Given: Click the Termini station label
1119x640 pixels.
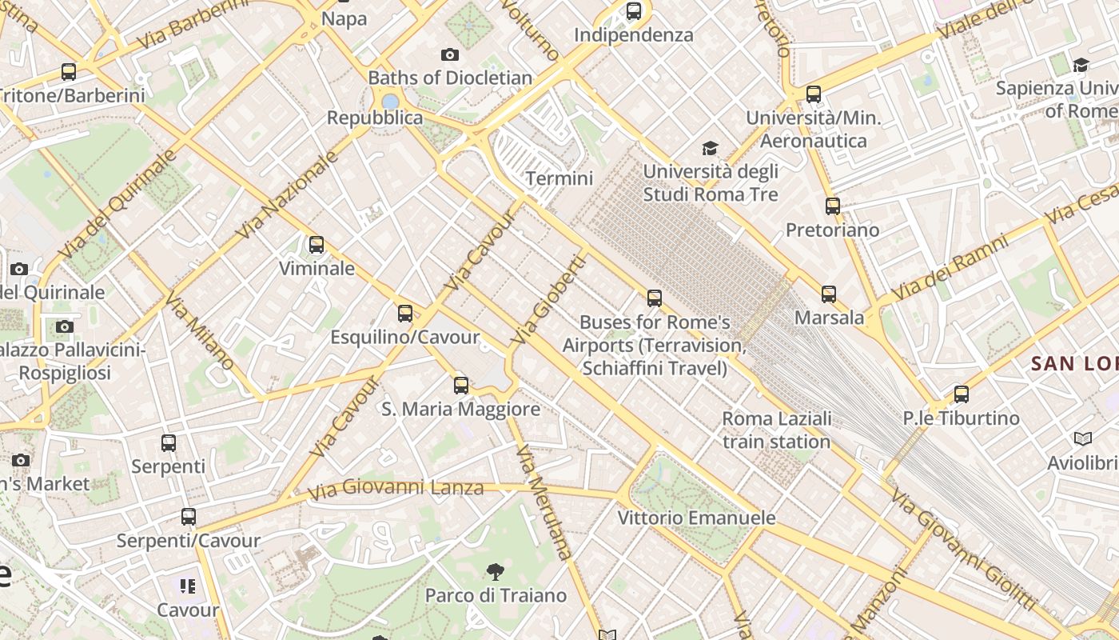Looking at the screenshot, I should (x=559, y=178).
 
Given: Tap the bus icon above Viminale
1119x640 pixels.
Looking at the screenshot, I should (x=317, y=245).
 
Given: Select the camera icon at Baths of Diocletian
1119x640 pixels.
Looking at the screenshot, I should (x=450, y=54).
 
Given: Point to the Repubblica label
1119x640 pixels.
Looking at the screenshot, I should (x=375, y=118).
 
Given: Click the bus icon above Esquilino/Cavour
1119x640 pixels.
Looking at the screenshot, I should (x=405, y=313).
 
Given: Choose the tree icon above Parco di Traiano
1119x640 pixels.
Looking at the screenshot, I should (x=496, y=571).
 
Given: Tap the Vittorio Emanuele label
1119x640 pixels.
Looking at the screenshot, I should (x=696, y=518).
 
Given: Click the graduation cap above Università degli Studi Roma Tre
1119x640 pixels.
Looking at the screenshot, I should (x=710, y=148).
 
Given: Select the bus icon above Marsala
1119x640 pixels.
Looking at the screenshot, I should (x=829, y=294).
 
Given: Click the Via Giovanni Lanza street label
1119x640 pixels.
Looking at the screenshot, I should (x=396, y=488).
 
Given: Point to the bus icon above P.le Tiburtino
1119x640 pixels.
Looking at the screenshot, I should (x=962, y=394).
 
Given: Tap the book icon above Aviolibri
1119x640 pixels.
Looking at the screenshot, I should (x=1083, y=438).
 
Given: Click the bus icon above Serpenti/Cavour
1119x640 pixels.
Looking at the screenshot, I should (x=189, y=517).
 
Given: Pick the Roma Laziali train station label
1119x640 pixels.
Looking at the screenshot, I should (x=776, y=430).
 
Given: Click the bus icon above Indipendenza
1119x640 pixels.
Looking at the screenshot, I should (x=634, y=11).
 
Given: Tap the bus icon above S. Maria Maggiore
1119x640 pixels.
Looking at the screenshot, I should (x=461, y=386).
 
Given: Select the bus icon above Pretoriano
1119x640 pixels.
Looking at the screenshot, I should (x=833, y=206).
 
